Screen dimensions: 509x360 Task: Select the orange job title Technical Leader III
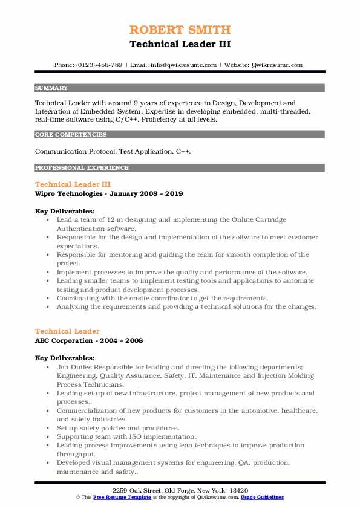[x=73, y=184]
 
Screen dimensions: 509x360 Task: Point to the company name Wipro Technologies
[x=67, y=194]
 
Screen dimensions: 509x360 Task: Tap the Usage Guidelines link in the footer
[x=263, y=497]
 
